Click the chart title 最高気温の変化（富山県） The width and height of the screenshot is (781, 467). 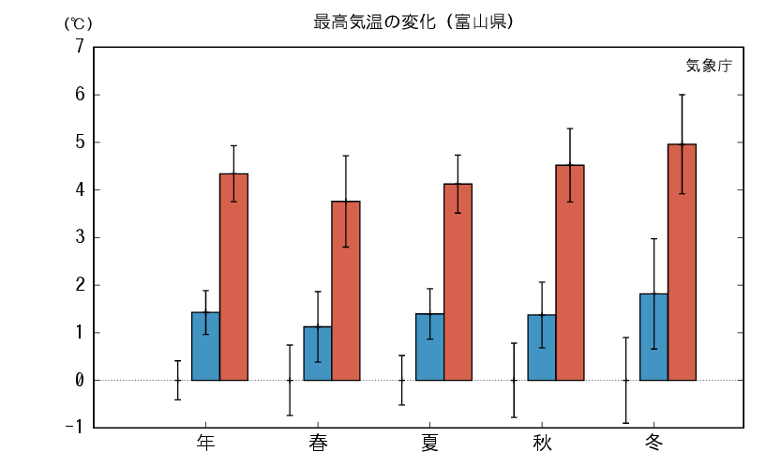[413, 22]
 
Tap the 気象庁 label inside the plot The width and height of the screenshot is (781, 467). [708, 66]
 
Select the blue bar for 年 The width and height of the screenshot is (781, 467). [205, 346]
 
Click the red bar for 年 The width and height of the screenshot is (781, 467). [233, 277]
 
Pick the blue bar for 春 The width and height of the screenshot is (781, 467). [317, 354]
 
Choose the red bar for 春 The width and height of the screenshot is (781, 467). [345, 291]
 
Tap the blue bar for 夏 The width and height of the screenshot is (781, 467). [429, 347]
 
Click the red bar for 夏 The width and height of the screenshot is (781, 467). [458, 281]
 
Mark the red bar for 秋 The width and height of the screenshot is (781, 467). [569, 272]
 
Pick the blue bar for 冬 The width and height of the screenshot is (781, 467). [653, 337]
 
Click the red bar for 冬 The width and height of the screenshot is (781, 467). [682, 262]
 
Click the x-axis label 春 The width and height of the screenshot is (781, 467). [318, 442]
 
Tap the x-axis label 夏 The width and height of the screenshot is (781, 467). [429, 442]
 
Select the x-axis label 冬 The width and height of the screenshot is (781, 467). [653, 442]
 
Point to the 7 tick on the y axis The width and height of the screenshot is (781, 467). [80, 47]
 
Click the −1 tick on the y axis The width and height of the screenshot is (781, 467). [75, 428]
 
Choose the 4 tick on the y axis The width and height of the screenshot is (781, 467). [80, 190]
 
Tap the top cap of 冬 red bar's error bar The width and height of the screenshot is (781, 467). [682, 95]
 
